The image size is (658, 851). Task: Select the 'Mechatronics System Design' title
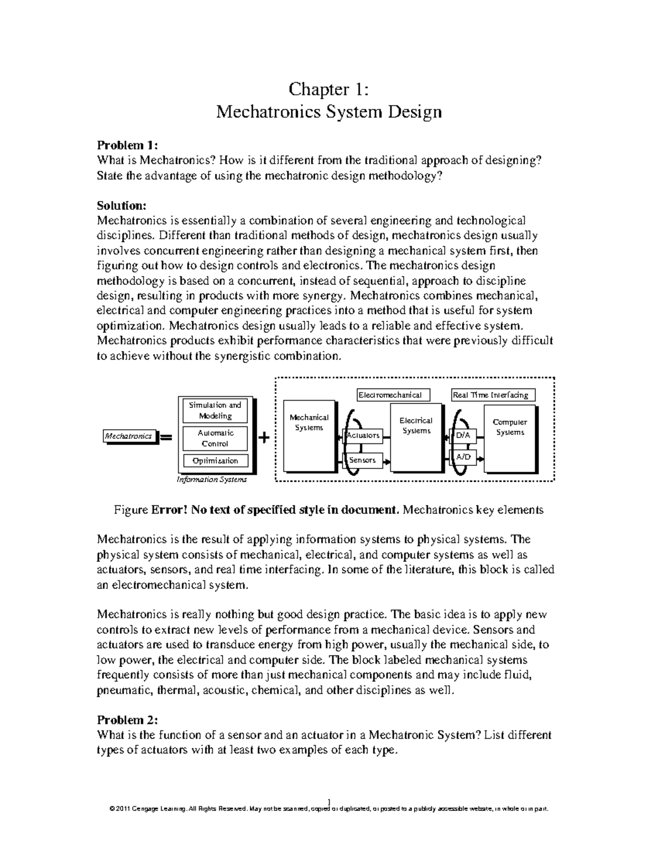pyautogui.click(x=328, y=112)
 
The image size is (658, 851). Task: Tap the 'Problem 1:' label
pyautogui.click(x=127, y=145)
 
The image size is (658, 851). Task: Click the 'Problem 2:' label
pyautogui.click(x=127, y=719)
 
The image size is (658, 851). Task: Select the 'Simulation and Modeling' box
pyautogui.click(x=215, y=410)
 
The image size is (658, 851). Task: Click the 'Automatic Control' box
pyautogui.click(x=215, y=438)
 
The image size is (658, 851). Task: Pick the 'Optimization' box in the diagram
pyautogui.click(x=215, y=461)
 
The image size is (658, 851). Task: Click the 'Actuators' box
pyautogui.click(x=362, y=436)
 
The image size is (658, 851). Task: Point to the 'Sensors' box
pyautogui.click(x=362, y=460)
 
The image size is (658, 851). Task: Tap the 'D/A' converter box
pyautogui.click(x=463, y=436)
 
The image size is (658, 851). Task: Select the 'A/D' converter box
pyautogui.click(x=463, y=456)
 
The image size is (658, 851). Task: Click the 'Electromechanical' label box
pyautogui.click(x=393, y=395)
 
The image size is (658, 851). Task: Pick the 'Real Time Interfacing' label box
pyautogui.click(x=492, y=395)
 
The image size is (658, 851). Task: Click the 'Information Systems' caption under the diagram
pyautogui.click(x=212, y=479)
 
